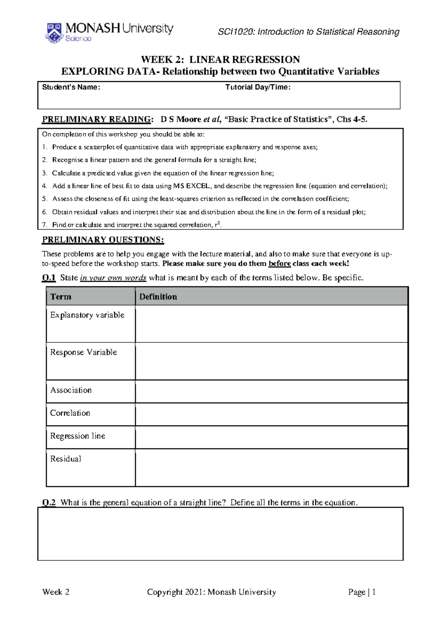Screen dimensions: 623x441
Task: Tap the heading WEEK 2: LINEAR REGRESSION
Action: pos(220,60)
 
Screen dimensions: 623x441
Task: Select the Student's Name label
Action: pos(71,87)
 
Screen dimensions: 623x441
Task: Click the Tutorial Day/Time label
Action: pos(258,87)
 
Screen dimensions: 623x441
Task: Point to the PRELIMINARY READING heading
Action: pos(96,119)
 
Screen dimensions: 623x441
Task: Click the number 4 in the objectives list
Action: pos(44,186)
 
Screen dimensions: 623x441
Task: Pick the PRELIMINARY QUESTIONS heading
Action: pos(103,240)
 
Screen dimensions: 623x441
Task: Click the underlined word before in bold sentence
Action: pos(280,264)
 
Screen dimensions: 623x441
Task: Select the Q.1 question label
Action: pos(49,278)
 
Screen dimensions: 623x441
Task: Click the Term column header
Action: pos(61,297)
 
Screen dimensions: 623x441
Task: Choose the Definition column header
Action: pos(158,297)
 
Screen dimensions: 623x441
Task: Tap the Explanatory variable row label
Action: pos(87,315)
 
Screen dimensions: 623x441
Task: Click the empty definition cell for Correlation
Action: pos(271,414)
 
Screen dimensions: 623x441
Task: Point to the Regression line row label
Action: pos(78,436)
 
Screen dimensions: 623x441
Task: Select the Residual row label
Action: pos(65,459)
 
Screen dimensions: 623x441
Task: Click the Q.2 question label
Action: pos(49,503)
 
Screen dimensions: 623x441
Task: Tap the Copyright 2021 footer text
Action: pos(211,592)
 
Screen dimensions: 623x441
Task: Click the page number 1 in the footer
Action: pos(374,592)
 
